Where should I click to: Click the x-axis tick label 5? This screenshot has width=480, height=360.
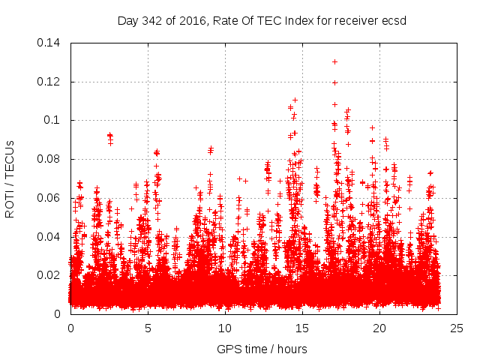[148, 328]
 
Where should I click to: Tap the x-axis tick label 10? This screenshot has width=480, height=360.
[225, 328]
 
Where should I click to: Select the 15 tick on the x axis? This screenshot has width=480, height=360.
[302, 328]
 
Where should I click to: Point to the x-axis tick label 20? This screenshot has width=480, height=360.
[379, 328]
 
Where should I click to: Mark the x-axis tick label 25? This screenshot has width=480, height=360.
[457, 328]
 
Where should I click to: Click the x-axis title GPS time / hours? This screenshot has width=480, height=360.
[262, 349]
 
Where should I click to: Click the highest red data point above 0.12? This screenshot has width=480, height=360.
[334, 61]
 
